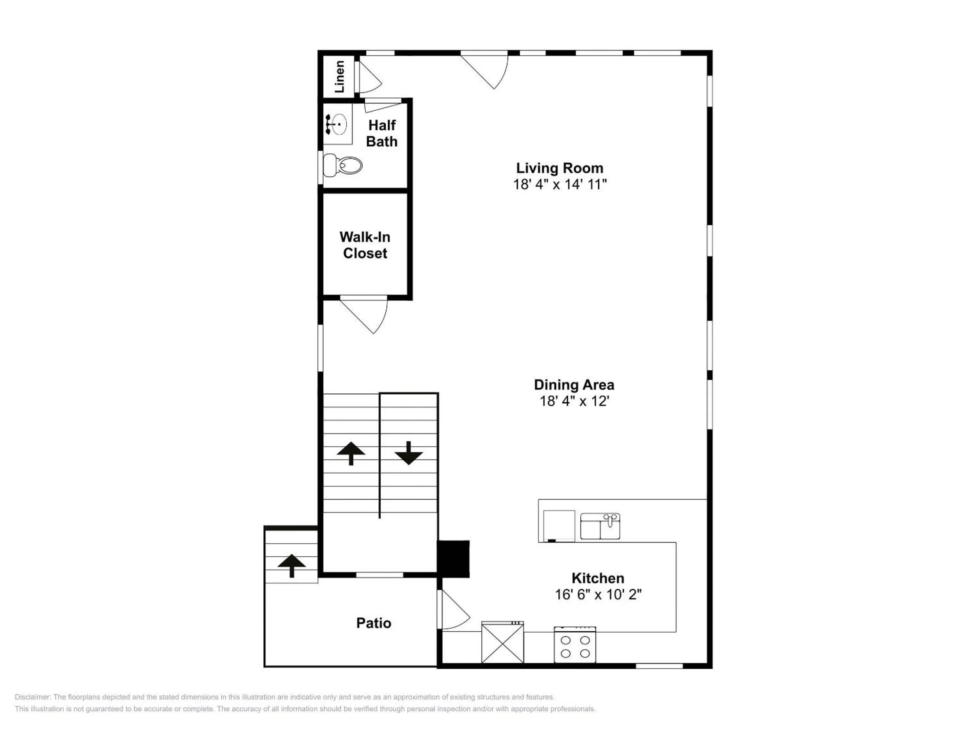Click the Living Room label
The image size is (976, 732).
click(x=560, y=168)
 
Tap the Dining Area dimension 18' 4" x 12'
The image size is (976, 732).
click(x=574, y=401)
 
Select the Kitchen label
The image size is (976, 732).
click(x=598, y=578)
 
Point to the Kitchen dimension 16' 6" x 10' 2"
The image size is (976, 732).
click(x=598, y=594)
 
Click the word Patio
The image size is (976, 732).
click(x=374, y=623)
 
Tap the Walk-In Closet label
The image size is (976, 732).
click(x=365, y=245)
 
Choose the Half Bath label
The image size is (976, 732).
click(x=382, y=133)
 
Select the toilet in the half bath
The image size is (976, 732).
click(x=342, y=165)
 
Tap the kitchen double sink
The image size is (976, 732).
click(x=600, y=526)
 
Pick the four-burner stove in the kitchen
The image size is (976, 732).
click(x=575, y=645)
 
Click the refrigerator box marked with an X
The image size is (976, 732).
click(x=503, y=643)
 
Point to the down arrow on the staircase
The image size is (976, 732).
click(x=409, y=453)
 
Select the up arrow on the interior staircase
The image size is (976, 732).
click(x=351, y=453)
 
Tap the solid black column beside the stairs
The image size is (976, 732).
click(x=453, y=559)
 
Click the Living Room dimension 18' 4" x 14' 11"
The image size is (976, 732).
click(x=560, y=184)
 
